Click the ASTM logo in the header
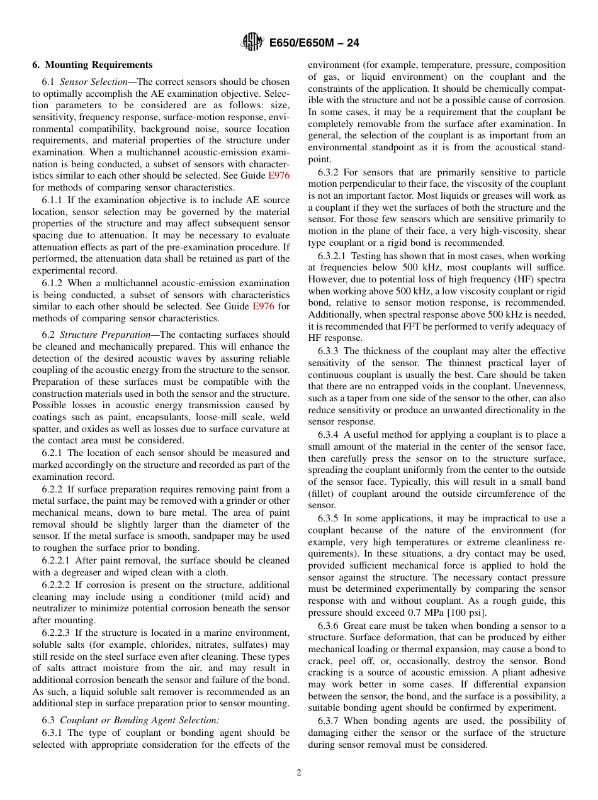coord(253,43)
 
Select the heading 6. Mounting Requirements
coord(93,65)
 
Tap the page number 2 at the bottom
coord(299,773)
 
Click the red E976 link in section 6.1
coord(279,175)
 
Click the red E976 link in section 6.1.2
coord(263,306)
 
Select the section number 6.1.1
coord(53,200)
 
